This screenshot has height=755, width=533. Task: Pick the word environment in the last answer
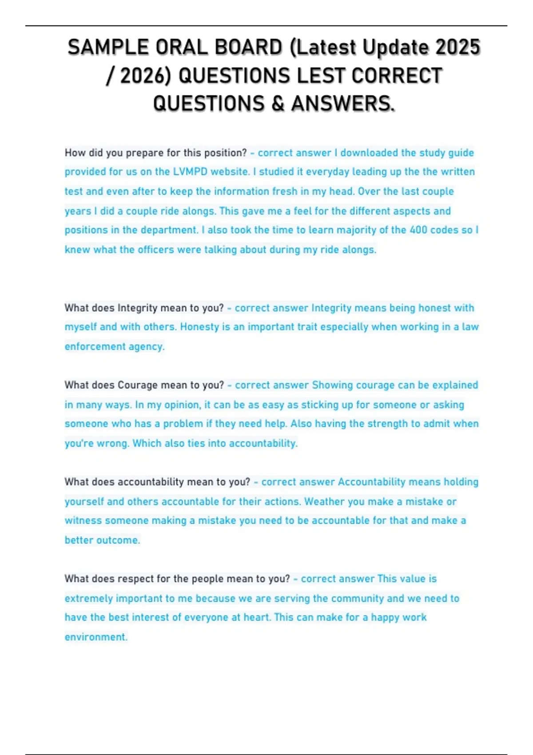[x=95, y=637]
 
